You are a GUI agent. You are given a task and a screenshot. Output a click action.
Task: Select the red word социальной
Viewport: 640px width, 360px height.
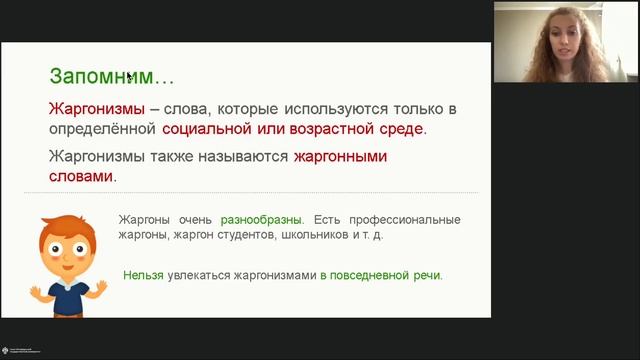pos(206,129)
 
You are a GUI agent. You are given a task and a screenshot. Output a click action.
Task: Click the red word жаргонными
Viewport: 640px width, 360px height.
pos(339,157)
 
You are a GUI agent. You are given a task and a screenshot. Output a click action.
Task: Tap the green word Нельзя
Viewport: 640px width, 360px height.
pos(144,274)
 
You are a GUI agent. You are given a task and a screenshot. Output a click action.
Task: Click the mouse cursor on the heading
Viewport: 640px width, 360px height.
pos(129,75)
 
